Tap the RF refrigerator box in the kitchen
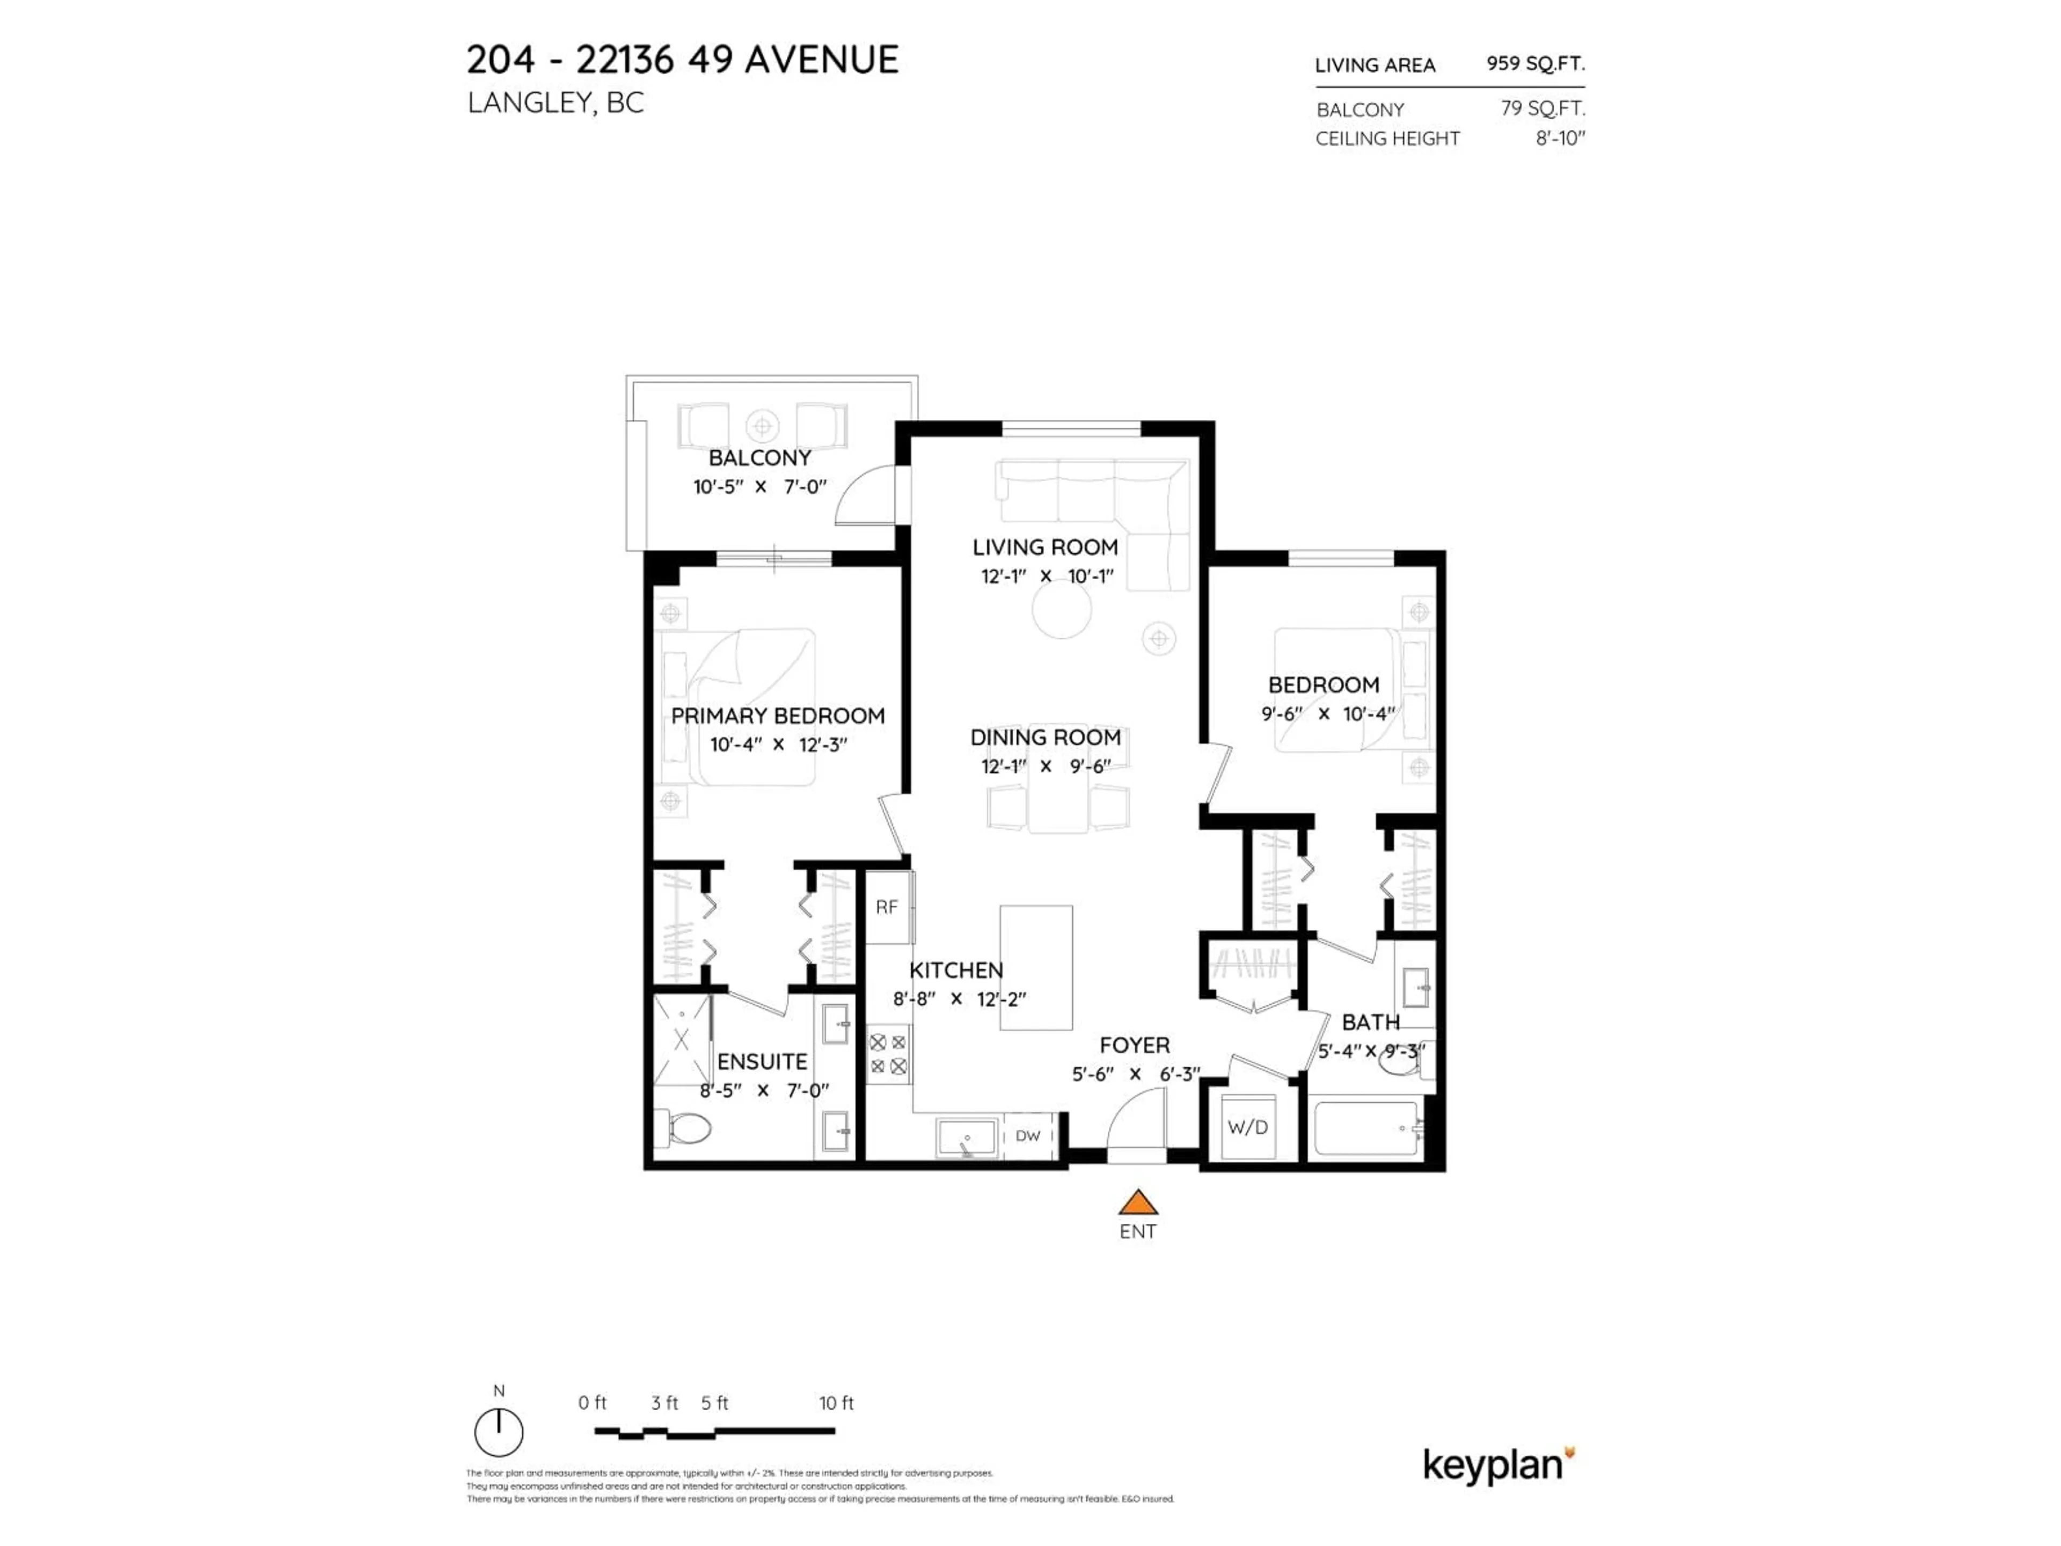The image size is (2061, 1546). (887, 907)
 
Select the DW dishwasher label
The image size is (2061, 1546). (1028, 1136)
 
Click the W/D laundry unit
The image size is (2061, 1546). (1247, 1128)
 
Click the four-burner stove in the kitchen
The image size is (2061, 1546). (888, 1054)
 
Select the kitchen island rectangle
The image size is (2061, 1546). (1036, 967)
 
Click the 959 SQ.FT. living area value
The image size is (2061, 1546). (1534, 63)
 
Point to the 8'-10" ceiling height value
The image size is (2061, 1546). (1560, 138)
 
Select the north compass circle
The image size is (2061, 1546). (499, 1432)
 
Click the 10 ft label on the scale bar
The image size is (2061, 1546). (836, 1403)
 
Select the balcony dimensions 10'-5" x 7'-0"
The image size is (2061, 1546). (759, 486)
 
